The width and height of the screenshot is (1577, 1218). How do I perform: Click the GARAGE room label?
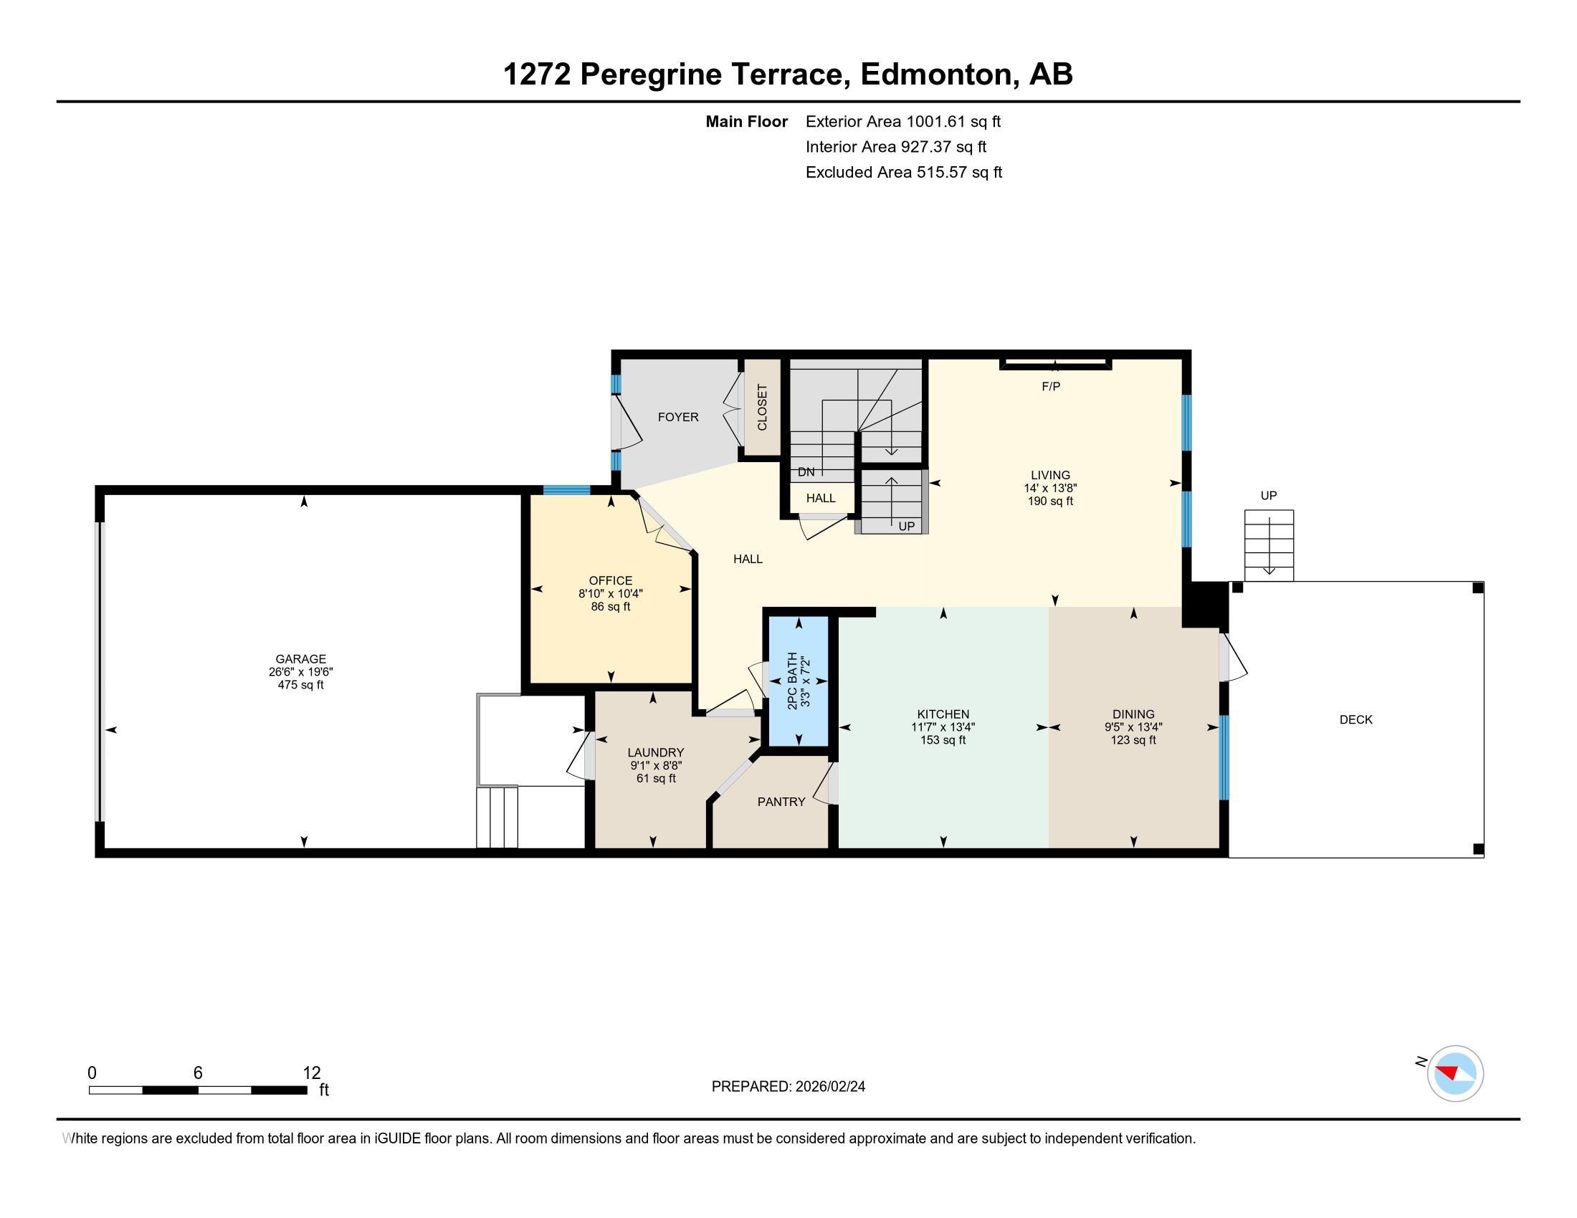(300, 658)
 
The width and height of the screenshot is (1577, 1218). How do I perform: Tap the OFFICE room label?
(610, 581)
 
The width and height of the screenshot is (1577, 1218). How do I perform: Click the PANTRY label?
(781, 802)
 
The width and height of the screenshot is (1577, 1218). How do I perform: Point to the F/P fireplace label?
(1051, 387)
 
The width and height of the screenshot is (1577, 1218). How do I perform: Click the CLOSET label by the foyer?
(763, 408)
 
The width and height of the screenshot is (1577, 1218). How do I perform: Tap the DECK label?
(1356, 719)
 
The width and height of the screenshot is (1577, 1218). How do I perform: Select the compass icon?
(1455, 1073)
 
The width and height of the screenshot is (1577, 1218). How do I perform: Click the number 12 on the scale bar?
(312, 1073)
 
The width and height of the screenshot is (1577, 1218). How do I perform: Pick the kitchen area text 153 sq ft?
(943, 740)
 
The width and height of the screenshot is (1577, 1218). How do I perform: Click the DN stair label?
(806, 472)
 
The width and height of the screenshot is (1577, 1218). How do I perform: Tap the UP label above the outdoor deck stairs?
(1269, 496)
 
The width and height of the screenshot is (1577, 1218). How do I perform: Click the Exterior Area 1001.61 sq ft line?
(902, 121)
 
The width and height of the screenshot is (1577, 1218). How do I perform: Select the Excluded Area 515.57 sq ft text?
(903, 172)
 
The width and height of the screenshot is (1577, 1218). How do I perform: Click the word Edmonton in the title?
(935, 75)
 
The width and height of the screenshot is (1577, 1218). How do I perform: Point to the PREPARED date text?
(788, 1087)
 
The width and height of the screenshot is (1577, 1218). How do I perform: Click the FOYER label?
(678, 417)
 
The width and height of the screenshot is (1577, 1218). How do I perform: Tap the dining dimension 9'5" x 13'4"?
(1133, 727)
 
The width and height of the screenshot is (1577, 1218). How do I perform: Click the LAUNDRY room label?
(655, 752)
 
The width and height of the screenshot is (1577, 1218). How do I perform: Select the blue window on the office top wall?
(566, 491)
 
